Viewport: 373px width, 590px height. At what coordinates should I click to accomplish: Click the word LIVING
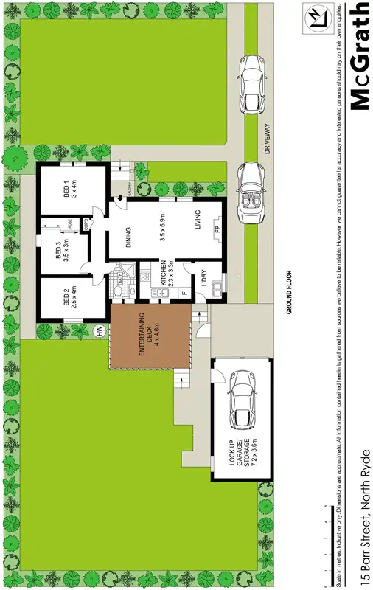coord(198,221)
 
